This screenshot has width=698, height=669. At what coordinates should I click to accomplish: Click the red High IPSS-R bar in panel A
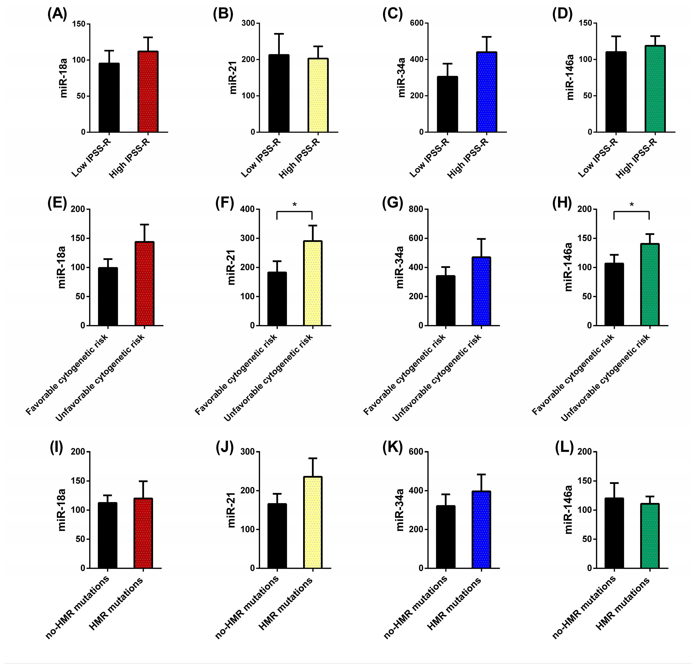click(x=148, y=92)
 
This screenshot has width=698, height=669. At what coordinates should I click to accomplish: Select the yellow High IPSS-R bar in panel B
click(x=318, y=95)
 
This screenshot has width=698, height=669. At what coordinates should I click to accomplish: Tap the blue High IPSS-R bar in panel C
click(x=486, y=92)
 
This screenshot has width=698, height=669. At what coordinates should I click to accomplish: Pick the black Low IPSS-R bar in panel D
click(x=616, y=92)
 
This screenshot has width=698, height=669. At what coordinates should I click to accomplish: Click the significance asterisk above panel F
click(x=295, y=205)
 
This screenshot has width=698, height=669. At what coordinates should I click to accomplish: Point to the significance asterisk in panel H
click(x=631, y=205)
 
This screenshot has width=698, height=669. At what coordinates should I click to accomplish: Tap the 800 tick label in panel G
click(x=416, y=209)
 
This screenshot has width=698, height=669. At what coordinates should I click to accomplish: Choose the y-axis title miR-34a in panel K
click(x=400, y=510)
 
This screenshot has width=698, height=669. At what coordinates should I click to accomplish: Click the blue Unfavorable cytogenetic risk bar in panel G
click(x=481, y=291)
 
